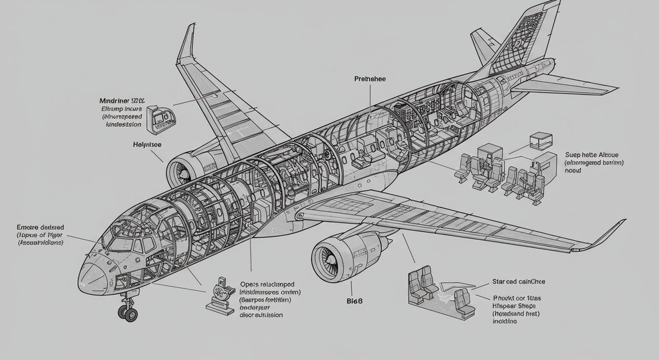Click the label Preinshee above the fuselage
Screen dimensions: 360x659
(x=370, y=79)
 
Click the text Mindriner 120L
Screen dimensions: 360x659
(x=122, y=100)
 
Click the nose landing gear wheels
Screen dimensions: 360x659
(x=127, y=313)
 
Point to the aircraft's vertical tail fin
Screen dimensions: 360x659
(x=528, y=39)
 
